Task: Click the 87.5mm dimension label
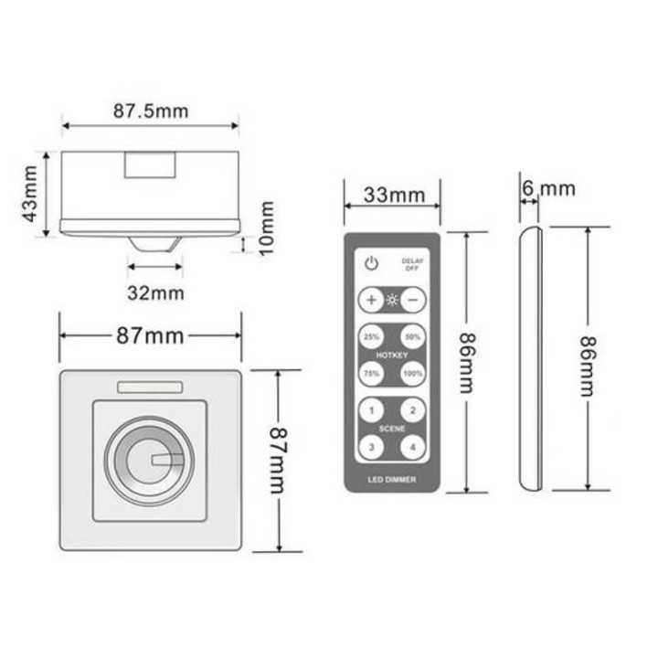[151, 111]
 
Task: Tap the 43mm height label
[30, 196]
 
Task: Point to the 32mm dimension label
[156, 292]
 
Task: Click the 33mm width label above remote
[393, 195]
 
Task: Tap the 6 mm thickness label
[549, 188]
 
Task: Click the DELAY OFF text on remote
[413, 265]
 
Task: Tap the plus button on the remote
[371, 300]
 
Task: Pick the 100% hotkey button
[413, 373]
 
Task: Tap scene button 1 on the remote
[371, 410]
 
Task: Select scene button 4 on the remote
[413, 446]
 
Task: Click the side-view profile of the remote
[530, 361]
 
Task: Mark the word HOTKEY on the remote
[392, 355]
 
